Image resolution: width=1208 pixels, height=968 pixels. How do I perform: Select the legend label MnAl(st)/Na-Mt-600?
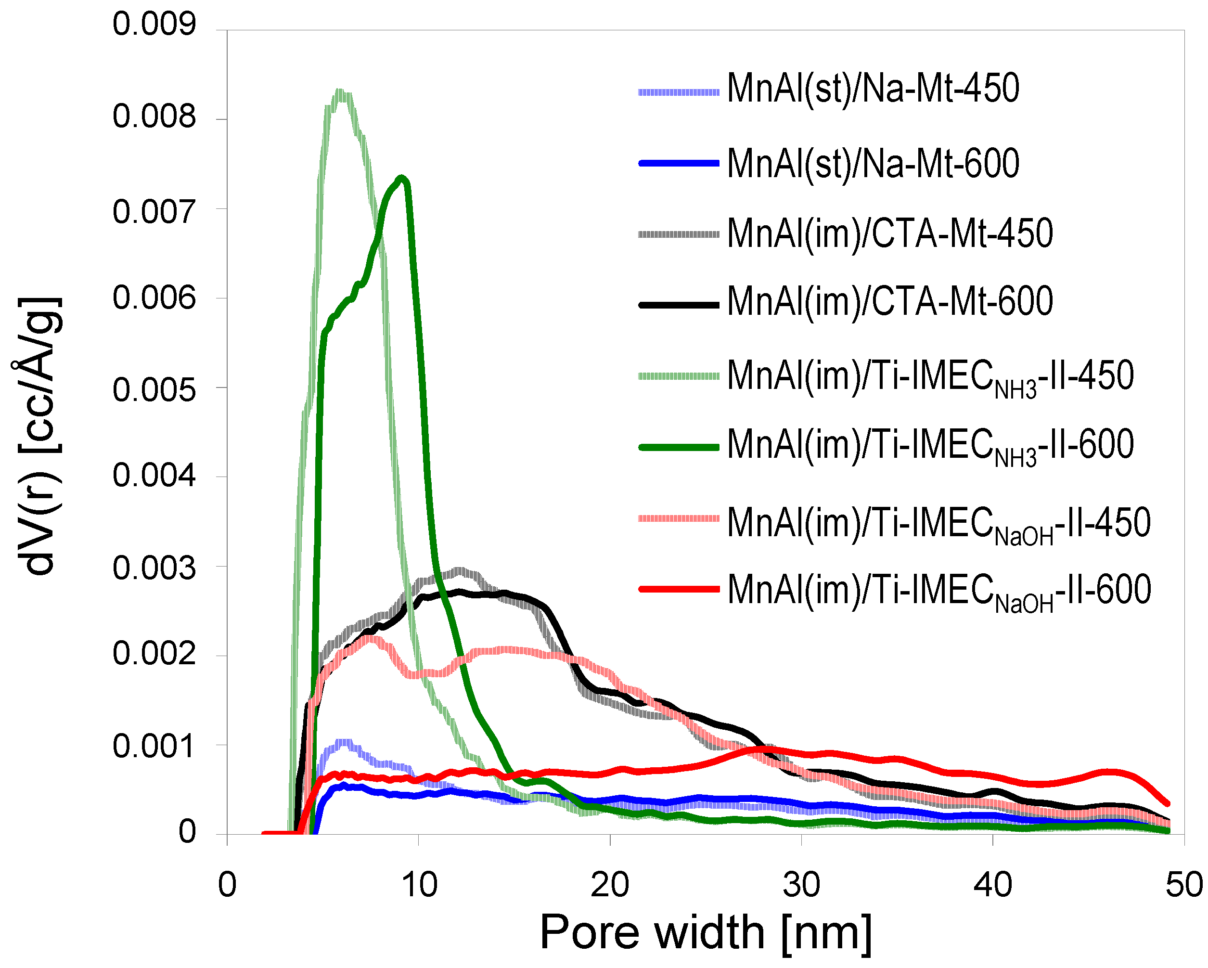coord(873,164)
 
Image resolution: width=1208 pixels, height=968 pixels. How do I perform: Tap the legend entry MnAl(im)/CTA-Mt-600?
coord(889,302)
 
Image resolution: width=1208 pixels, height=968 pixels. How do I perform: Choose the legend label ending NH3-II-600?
coord(930,445)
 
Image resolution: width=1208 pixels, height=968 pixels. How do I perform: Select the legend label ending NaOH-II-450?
coord(938,523)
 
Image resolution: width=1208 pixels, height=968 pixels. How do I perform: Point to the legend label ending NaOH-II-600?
coord(938,590)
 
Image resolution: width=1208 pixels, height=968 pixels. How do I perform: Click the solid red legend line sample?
coord(679,589)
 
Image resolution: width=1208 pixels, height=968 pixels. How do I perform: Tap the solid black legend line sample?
coord(679,305)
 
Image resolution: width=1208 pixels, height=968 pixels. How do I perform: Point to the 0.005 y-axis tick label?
coord(154,389)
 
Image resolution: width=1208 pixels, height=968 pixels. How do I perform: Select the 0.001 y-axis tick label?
coord(154,747)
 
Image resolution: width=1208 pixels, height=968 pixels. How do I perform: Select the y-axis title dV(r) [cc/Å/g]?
coord(38,436)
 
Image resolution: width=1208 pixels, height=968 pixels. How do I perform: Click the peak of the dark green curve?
coord(402,178)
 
